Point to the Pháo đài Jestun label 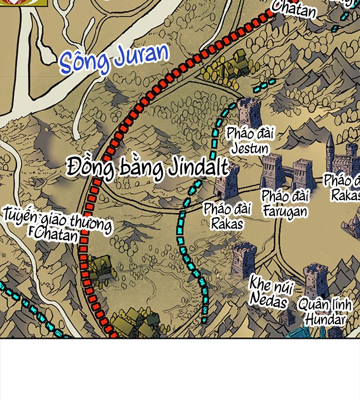250,141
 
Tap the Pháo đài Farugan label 285,204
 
